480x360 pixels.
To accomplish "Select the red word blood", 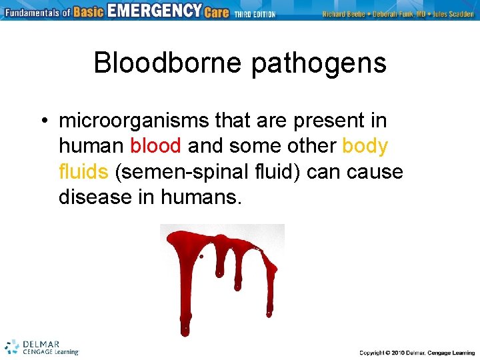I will tap(155, 146).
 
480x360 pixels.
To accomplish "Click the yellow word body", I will tap(365, 146).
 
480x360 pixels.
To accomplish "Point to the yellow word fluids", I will tap(83, 171).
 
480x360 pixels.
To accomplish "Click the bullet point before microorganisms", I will tap(42, 121).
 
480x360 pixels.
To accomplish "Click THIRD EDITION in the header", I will tap(255, 14).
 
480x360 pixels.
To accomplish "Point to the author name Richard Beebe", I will tap(343, 14).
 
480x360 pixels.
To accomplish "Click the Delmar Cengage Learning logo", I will tap(41, 347).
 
